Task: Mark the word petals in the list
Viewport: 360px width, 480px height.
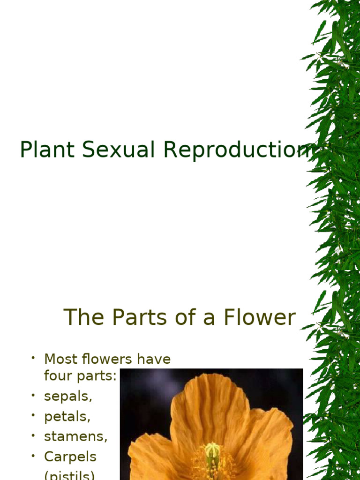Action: click(67, 416)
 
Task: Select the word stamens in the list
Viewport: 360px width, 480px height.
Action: click(75, 436)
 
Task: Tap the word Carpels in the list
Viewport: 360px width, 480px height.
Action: click(70, 457)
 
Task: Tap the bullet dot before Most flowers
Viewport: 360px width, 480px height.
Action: click(34, 359)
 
